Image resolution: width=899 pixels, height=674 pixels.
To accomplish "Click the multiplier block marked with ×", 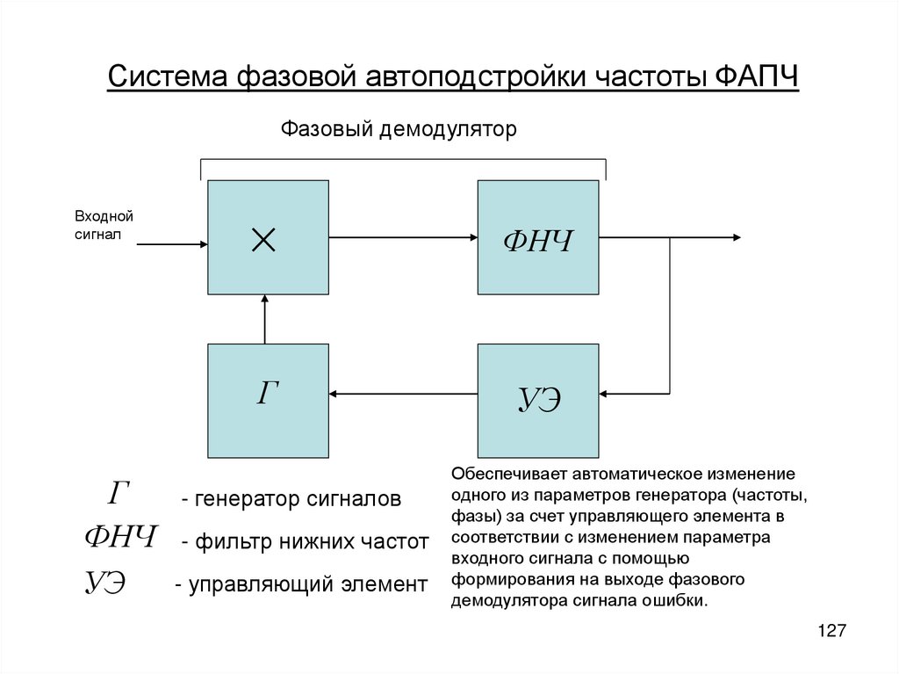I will [x=268, y=237].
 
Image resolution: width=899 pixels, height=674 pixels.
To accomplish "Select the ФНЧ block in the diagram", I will [x=538, y=237].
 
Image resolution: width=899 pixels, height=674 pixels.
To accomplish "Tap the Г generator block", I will [x=268, y=401].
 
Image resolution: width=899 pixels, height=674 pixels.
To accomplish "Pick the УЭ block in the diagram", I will [x=538, y=401].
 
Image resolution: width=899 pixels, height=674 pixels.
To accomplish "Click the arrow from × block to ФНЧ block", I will [x=403, y=237].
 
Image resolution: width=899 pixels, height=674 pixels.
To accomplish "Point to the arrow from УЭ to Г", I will [x=403, y=394].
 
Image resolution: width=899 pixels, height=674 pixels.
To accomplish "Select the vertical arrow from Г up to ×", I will [x=264, y=318].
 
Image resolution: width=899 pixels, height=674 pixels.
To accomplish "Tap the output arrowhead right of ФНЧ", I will [x=736, y=237].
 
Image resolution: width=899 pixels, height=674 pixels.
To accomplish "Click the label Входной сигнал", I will [x=103, y=225].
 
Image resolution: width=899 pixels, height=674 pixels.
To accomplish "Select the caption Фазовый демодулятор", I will [x=399, y=130].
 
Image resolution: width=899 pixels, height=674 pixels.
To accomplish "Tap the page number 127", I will [x=831, y=631].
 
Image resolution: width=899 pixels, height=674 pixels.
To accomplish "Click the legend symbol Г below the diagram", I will [x=119, y=495].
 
